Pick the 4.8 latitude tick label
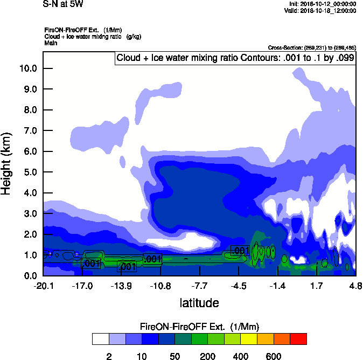(355, 286)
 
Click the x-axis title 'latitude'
(199, 302)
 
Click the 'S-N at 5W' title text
(62, 4)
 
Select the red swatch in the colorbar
(298, 339)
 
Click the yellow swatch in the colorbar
(249, 339)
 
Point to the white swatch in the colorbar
(100, 339)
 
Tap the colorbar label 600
(274, 356)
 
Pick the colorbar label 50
(174, 356)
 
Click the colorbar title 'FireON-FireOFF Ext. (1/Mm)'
(199, 327)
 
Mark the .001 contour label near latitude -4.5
(240, 251)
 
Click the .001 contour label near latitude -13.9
(127, 267)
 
